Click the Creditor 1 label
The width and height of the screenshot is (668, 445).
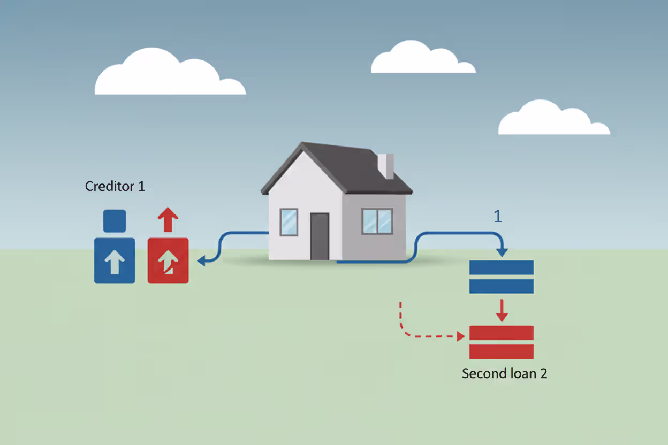point(115,187)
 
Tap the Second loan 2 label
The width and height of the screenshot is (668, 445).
point(504,373)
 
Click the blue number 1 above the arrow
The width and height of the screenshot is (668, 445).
point(498,217)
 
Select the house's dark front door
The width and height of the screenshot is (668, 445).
point(320,236)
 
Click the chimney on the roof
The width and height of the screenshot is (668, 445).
point(386,166)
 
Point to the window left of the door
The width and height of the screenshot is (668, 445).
point(289,221)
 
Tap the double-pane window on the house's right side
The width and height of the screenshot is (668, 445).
point(377,221)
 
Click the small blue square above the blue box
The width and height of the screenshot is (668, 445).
point(115,221)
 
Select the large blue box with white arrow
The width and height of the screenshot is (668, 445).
point(115,261)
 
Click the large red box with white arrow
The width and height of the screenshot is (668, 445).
point(168,261)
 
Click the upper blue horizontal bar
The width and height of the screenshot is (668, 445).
point(501,267)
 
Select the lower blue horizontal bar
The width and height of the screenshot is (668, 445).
point(501,286)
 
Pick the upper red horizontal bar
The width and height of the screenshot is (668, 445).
point(501,333)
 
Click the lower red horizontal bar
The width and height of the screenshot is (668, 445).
point(501,351)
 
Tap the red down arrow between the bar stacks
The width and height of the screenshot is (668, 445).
point(501,311)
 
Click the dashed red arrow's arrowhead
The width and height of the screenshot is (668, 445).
point(461,337)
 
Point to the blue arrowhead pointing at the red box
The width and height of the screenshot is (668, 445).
point(202,260)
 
